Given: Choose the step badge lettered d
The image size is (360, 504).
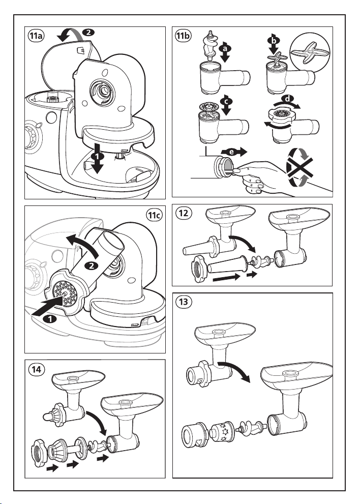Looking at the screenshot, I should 288,98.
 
